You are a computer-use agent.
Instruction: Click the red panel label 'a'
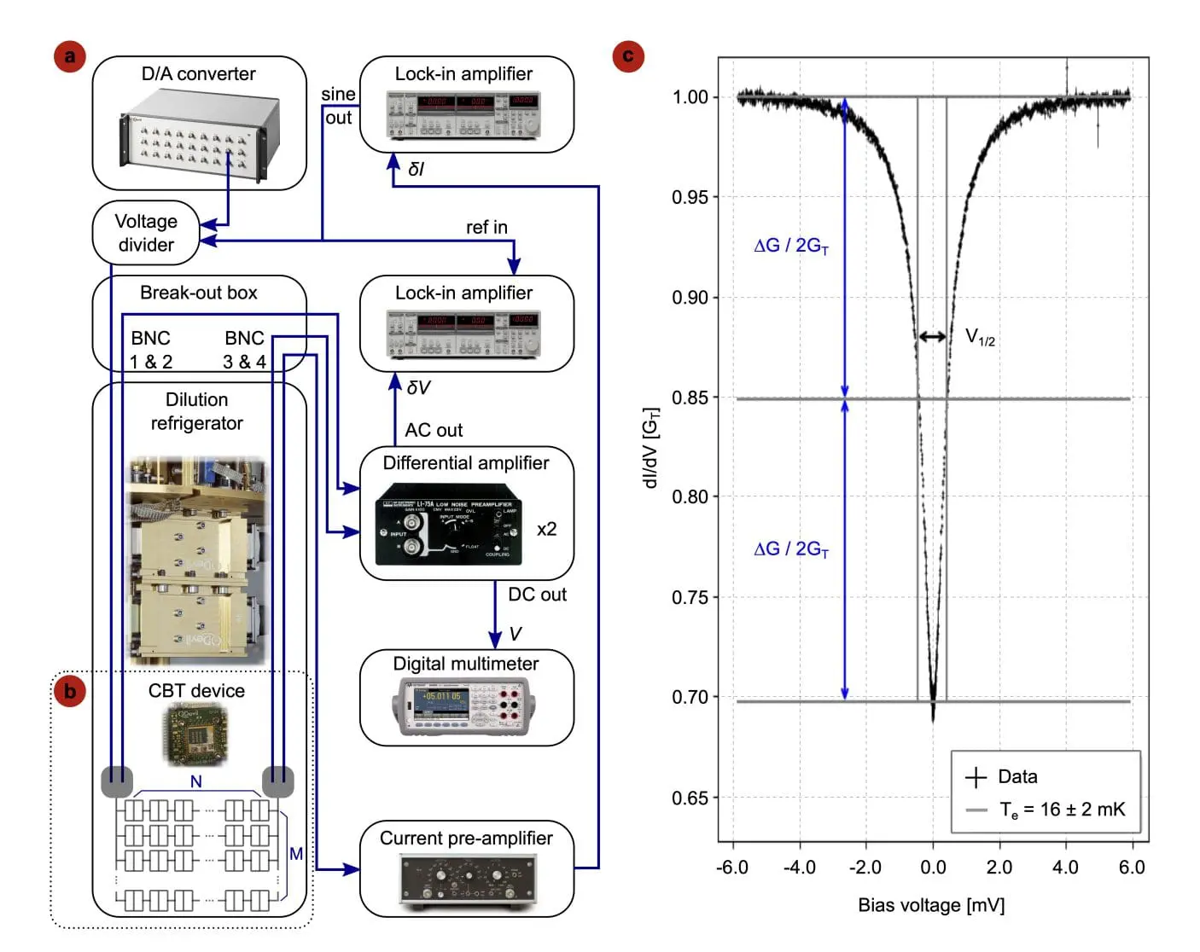[70, 56]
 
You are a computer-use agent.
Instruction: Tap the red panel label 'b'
[70, 690]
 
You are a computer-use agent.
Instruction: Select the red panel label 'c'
[628, 56]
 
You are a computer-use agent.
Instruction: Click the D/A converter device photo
[200, 137]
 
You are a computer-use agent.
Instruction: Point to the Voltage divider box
[146, 233]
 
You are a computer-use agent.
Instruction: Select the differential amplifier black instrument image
[449, 524]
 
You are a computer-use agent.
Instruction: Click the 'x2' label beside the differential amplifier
[546, 529]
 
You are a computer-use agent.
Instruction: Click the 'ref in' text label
[486, 227]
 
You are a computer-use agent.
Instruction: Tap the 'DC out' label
[537, 595]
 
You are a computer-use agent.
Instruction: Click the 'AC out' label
[434, 430]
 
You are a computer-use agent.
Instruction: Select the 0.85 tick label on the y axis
[690, 398]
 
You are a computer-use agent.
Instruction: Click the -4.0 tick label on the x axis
[799, 868]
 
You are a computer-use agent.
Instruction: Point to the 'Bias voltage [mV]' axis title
[931, 905]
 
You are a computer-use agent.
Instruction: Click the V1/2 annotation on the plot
[980, 337]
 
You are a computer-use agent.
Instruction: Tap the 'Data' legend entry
[1017, 776]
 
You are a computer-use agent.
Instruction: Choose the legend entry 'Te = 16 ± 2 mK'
[1062, 810]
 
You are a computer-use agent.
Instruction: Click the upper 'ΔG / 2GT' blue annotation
[791, 246]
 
